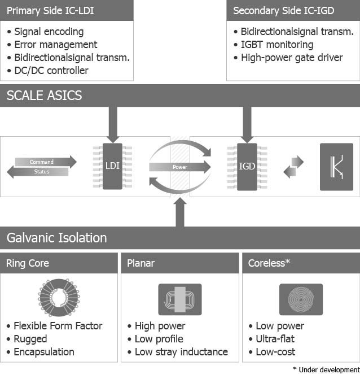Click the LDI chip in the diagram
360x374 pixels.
[x=112, y=166]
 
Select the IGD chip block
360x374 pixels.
[x=247, y=166]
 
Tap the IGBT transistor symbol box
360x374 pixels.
[x=336, y=166]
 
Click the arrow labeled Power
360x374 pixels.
[x=180, y=167]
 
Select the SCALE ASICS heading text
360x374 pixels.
[x=45, y=95]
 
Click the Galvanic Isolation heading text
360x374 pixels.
[x=56, y=237]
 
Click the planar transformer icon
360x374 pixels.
[x=179, y=299]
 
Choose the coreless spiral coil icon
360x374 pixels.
[x=301, y=299]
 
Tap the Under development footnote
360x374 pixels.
[x=326, y=369]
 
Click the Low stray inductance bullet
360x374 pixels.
[x=181, y=352]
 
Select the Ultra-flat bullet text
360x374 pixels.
[x=275, y=339]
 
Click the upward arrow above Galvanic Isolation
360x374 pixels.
[x=180, y=212]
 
